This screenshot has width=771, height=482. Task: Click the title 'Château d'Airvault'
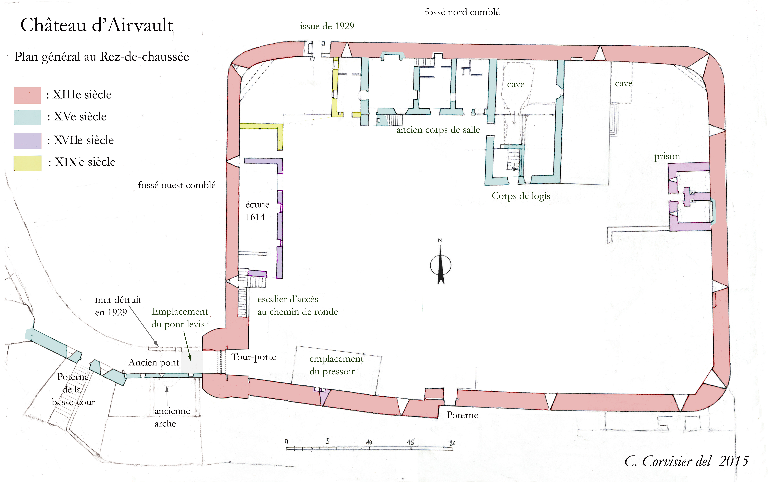point(97,25)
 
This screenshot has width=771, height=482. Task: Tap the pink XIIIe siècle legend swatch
point(27,95)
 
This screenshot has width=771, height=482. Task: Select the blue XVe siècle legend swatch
point(27,117)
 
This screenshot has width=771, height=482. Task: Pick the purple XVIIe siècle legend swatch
point(27,141)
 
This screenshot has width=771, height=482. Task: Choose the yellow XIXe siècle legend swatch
point(27,163)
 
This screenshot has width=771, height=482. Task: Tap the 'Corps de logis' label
point(521,196)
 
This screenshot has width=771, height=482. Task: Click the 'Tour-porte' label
point(254,357)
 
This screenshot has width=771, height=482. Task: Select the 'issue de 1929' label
point(327,26)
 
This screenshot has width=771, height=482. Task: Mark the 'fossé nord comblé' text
point(462,12)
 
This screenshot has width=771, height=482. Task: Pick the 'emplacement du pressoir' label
point(336,365)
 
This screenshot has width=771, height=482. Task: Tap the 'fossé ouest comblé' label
point(177,185)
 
